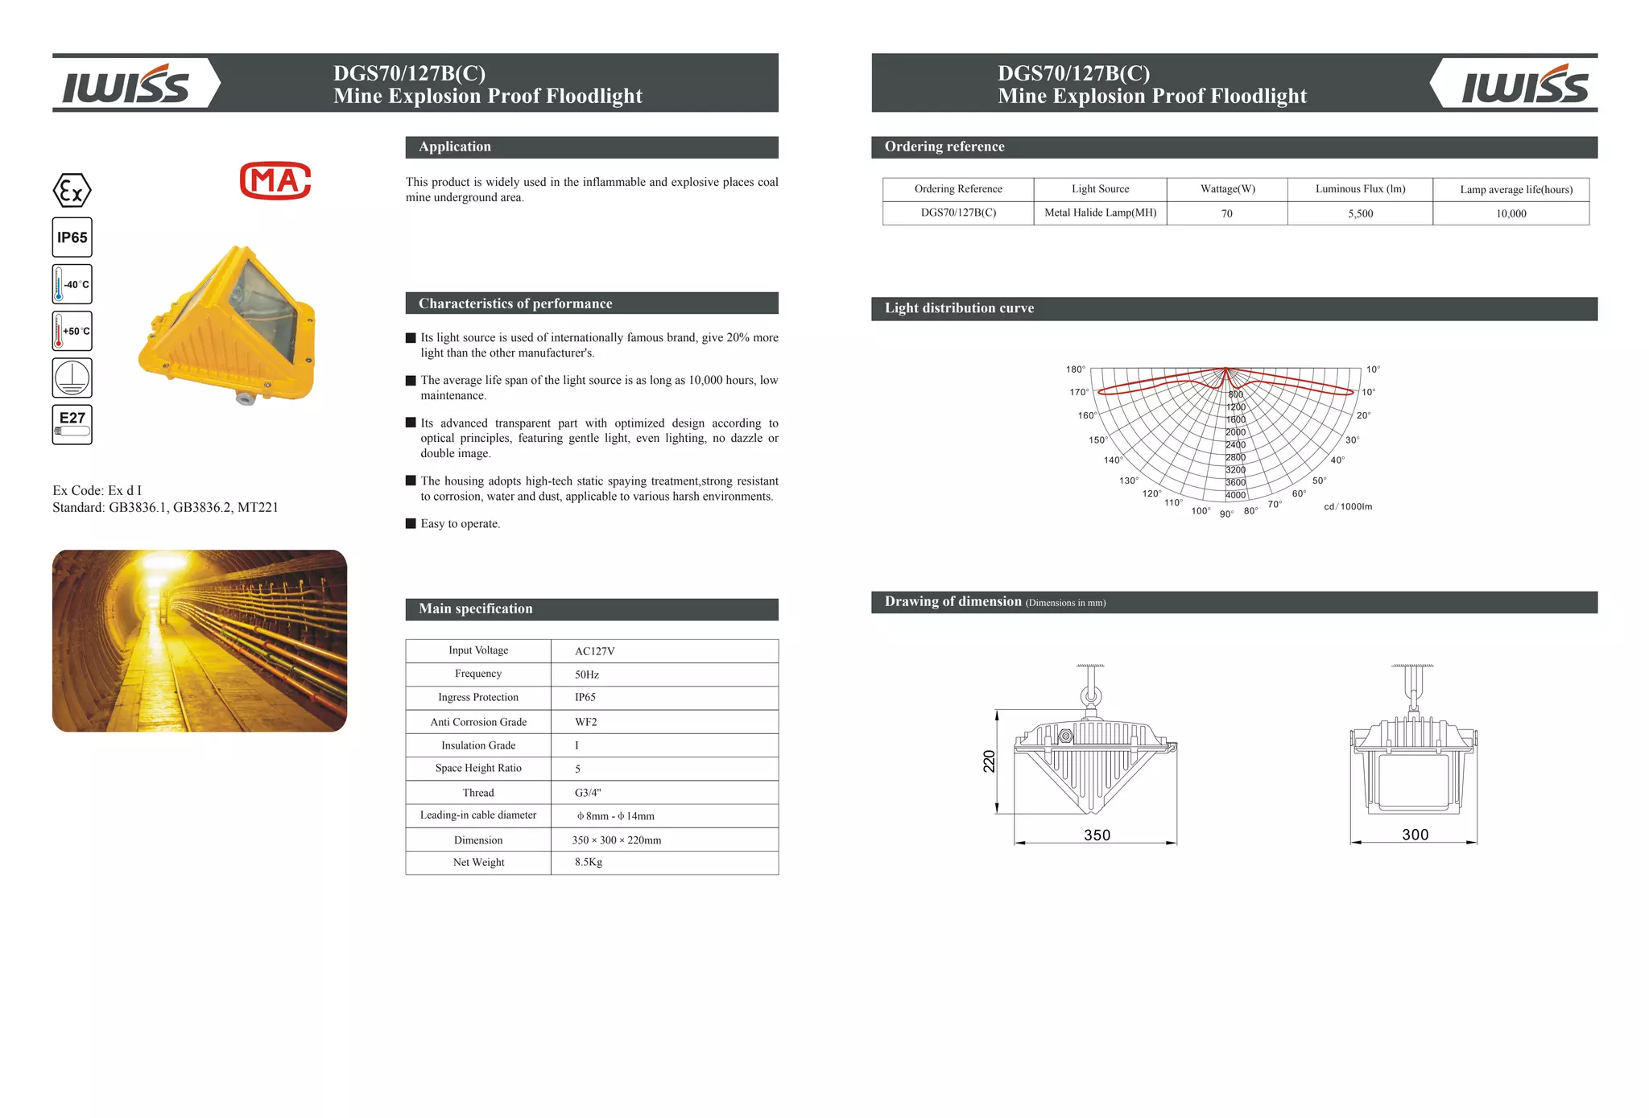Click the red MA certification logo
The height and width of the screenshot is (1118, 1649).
coord(275,180)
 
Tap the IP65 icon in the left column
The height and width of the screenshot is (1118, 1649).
coord(72,237)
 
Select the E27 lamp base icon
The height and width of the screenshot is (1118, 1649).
coord(72,424)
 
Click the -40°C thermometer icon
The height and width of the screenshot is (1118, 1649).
coord(72,284)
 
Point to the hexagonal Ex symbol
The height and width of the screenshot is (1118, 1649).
coord(72,191)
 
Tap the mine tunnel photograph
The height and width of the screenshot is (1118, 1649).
coord(200,641)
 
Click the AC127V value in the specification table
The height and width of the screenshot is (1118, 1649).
coord(594,651)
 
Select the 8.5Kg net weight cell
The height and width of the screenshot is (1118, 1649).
coord(588,862)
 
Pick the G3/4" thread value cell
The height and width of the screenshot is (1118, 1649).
coord(588,793)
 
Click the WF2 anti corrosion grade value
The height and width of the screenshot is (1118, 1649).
coord(585,722)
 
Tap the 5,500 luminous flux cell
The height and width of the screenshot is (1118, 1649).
coord(1360,213)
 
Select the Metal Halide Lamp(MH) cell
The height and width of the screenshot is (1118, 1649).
coord(1100,212)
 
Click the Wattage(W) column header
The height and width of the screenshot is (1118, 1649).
coord(1227,189)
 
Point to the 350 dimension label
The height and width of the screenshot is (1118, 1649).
coord(1097,835)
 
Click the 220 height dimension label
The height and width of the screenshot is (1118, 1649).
coord(989,761)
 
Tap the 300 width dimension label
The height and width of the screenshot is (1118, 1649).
coord(1415,835)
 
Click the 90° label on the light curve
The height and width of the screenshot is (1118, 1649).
coord(1225,514)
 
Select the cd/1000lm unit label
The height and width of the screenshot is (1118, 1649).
coord(1347,506)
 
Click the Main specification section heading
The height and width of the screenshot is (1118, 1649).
coord(475,609)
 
